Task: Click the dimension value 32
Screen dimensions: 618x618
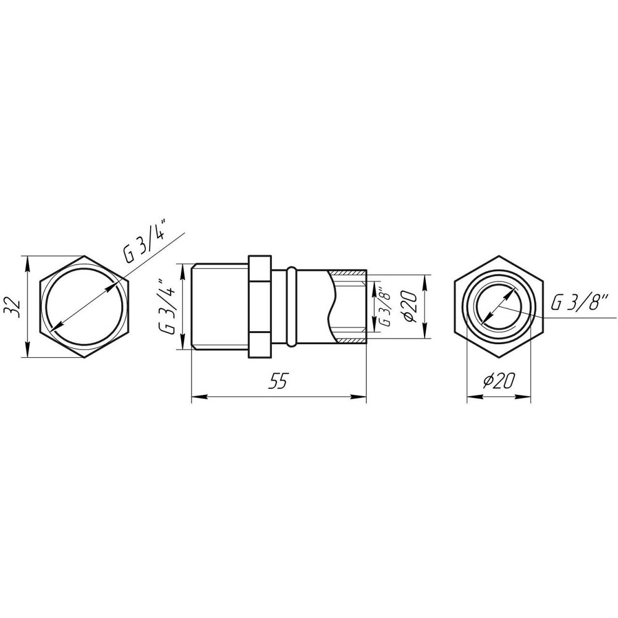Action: [17, 307]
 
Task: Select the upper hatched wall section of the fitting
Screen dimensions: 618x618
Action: [350, 273]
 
